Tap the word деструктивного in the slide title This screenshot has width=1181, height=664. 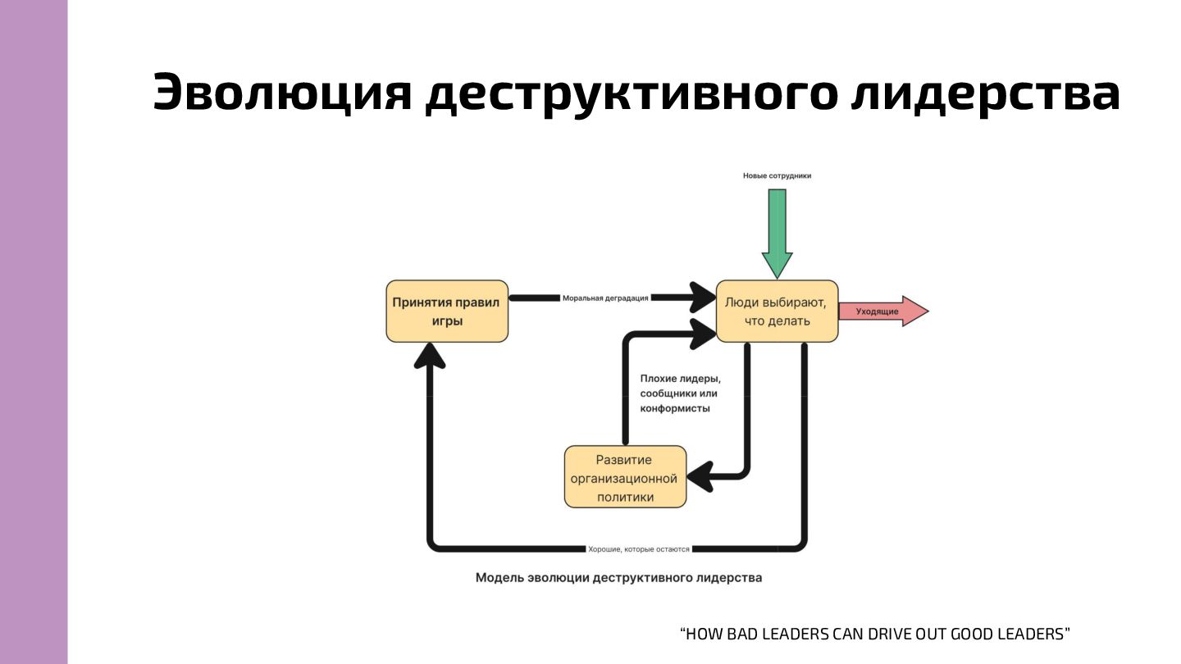click(632, 92)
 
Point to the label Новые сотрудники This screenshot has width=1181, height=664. click(777, 175)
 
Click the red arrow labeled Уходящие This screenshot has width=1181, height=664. click(882, 312)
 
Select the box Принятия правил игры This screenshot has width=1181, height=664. click(447, 312)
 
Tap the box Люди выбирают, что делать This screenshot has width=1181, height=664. click(777, 312)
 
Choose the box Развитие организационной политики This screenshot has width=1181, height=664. click(625, 477)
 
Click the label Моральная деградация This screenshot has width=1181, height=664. click(605, 298)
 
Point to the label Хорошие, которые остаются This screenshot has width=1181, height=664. click(639, 548)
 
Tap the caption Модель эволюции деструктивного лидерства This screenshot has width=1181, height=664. click(618, 578)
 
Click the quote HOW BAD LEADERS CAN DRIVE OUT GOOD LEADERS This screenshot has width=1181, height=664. click(875, 634)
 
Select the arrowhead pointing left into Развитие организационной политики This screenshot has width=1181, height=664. click(700, 474)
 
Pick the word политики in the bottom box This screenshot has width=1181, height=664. click(625, 497)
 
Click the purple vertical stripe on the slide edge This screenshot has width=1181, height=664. click(34, 332)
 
